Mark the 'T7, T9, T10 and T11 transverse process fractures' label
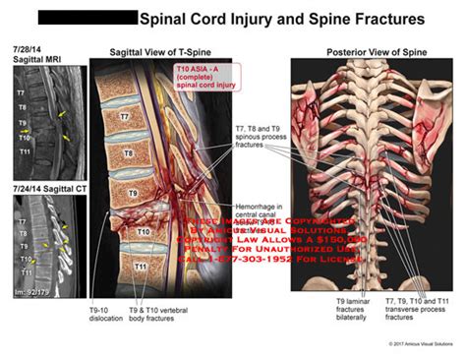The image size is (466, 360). coord(424,313)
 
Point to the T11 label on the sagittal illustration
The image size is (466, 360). coord(142,266)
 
